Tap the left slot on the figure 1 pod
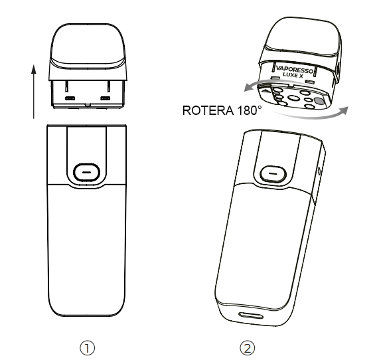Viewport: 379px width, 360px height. click(70, 98)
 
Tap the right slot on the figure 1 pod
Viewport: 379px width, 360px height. click(106, 98)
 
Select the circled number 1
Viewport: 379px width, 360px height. click(87, 348)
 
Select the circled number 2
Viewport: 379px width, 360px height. click(248, 348)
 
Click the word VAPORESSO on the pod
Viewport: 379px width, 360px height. click(295, 70)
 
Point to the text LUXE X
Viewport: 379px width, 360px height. click(293, 76)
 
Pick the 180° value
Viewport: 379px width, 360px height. click(250, 110)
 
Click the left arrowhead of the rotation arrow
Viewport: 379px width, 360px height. click(248, 87)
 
